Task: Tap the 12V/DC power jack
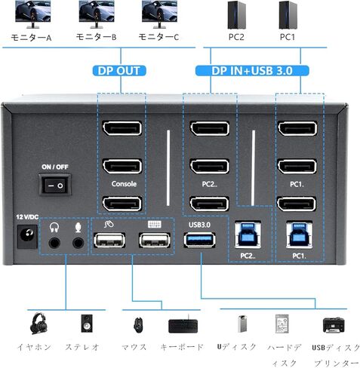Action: pyautogui.click(x=25, y=240)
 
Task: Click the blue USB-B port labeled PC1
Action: pyautogui.click(x=297, y=235)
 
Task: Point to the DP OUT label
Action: pyautogui.click(x=119, y=72)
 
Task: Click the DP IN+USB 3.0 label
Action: pyautogui.click(x=253, y=72)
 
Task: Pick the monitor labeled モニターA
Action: pyautogui.click(x=28, y=15)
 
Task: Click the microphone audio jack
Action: pyautogui.click(x=78, y=242)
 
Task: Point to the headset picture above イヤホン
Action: pyautogui.click(x=37, y=324)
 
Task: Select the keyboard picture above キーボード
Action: pyautogui.click(x=182, y=326)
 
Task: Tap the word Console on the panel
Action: pyautogui.click(x=124, y=183)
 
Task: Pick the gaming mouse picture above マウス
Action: pyautogui.click(x=137, y=325)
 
